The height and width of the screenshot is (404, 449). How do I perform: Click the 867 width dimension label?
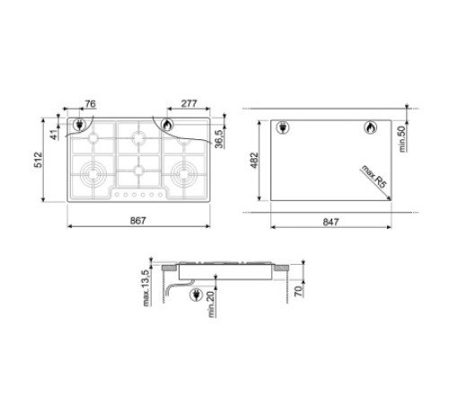click(x=138, y=221)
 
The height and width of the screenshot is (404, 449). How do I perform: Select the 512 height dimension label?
click(x=40, y=160)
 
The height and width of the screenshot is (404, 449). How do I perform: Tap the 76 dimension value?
click(x=90, y=104)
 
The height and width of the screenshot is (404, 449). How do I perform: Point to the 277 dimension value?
click(x=189, y=103)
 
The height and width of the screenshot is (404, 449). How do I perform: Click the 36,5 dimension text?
click(x=219, y=138)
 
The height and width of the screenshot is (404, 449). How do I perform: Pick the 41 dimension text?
click(x=55, y=135)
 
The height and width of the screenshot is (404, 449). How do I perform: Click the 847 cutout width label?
click(x=330, y=222)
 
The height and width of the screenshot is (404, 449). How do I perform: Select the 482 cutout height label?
click(x=254, y=161)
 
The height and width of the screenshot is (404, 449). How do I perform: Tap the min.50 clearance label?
click(x=402, y=139)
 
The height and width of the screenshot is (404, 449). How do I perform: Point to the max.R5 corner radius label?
click(x=374, y=177)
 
